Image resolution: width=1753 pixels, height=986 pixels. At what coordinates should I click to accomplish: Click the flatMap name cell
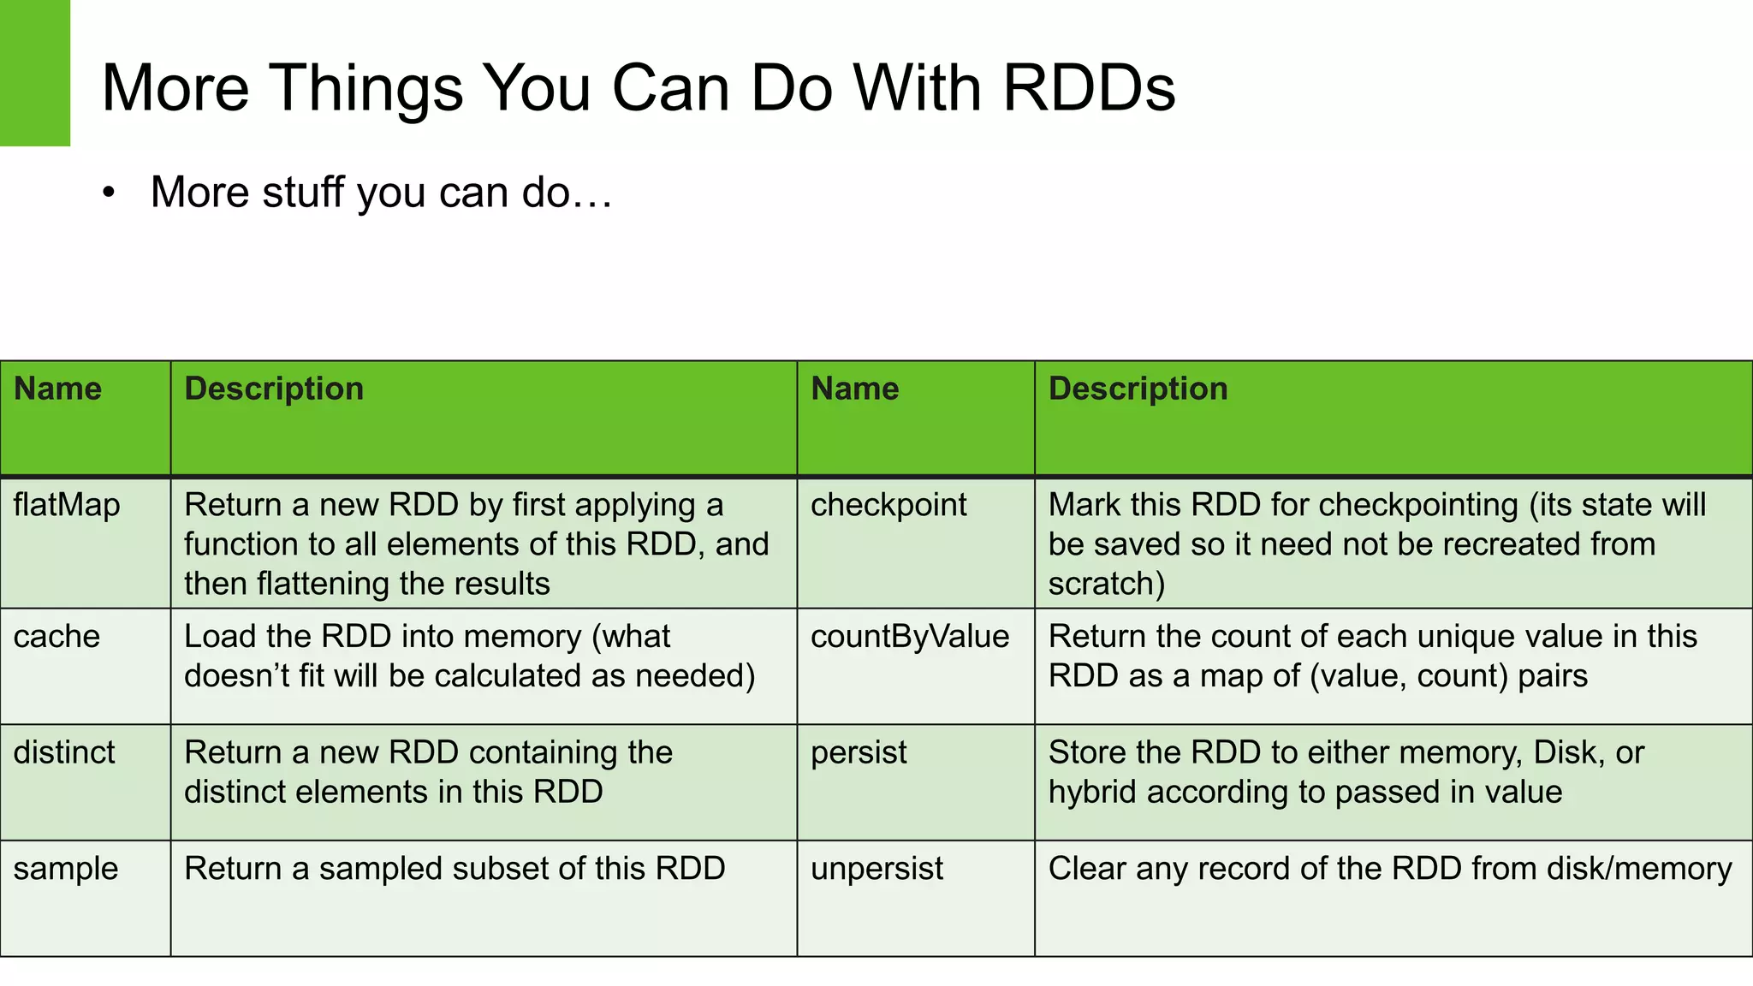click(67, 505)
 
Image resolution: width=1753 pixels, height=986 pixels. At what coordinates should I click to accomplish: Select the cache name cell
click(56, 637)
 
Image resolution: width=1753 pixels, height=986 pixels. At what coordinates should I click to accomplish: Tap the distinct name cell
click(64, 752)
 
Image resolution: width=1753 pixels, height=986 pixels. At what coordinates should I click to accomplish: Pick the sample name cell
click(66, 869)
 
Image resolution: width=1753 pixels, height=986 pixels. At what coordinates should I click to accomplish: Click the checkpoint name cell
click(888, 505)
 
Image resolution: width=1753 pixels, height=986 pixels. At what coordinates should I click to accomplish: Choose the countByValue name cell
click(910, 637)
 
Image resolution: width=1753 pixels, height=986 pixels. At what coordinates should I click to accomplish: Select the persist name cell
click(859, 752)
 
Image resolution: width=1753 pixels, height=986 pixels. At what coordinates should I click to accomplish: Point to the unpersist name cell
click(876, 869)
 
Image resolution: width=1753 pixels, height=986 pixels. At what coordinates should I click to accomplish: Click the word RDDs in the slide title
click(1089, 88)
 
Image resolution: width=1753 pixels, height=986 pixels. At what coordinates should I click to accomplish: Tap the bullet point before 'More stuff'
click(108, 193)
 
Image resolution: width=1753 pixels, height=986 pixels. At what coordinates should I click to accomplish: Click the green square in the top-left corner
click(34, 73)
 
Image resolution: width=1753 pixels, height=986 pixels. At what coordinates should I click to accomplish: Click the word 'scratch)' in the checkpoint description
click(1106, 584)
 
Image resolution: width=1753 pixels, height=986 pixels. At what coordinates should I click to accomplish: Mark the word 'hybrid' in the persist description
click(1092, 793)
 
